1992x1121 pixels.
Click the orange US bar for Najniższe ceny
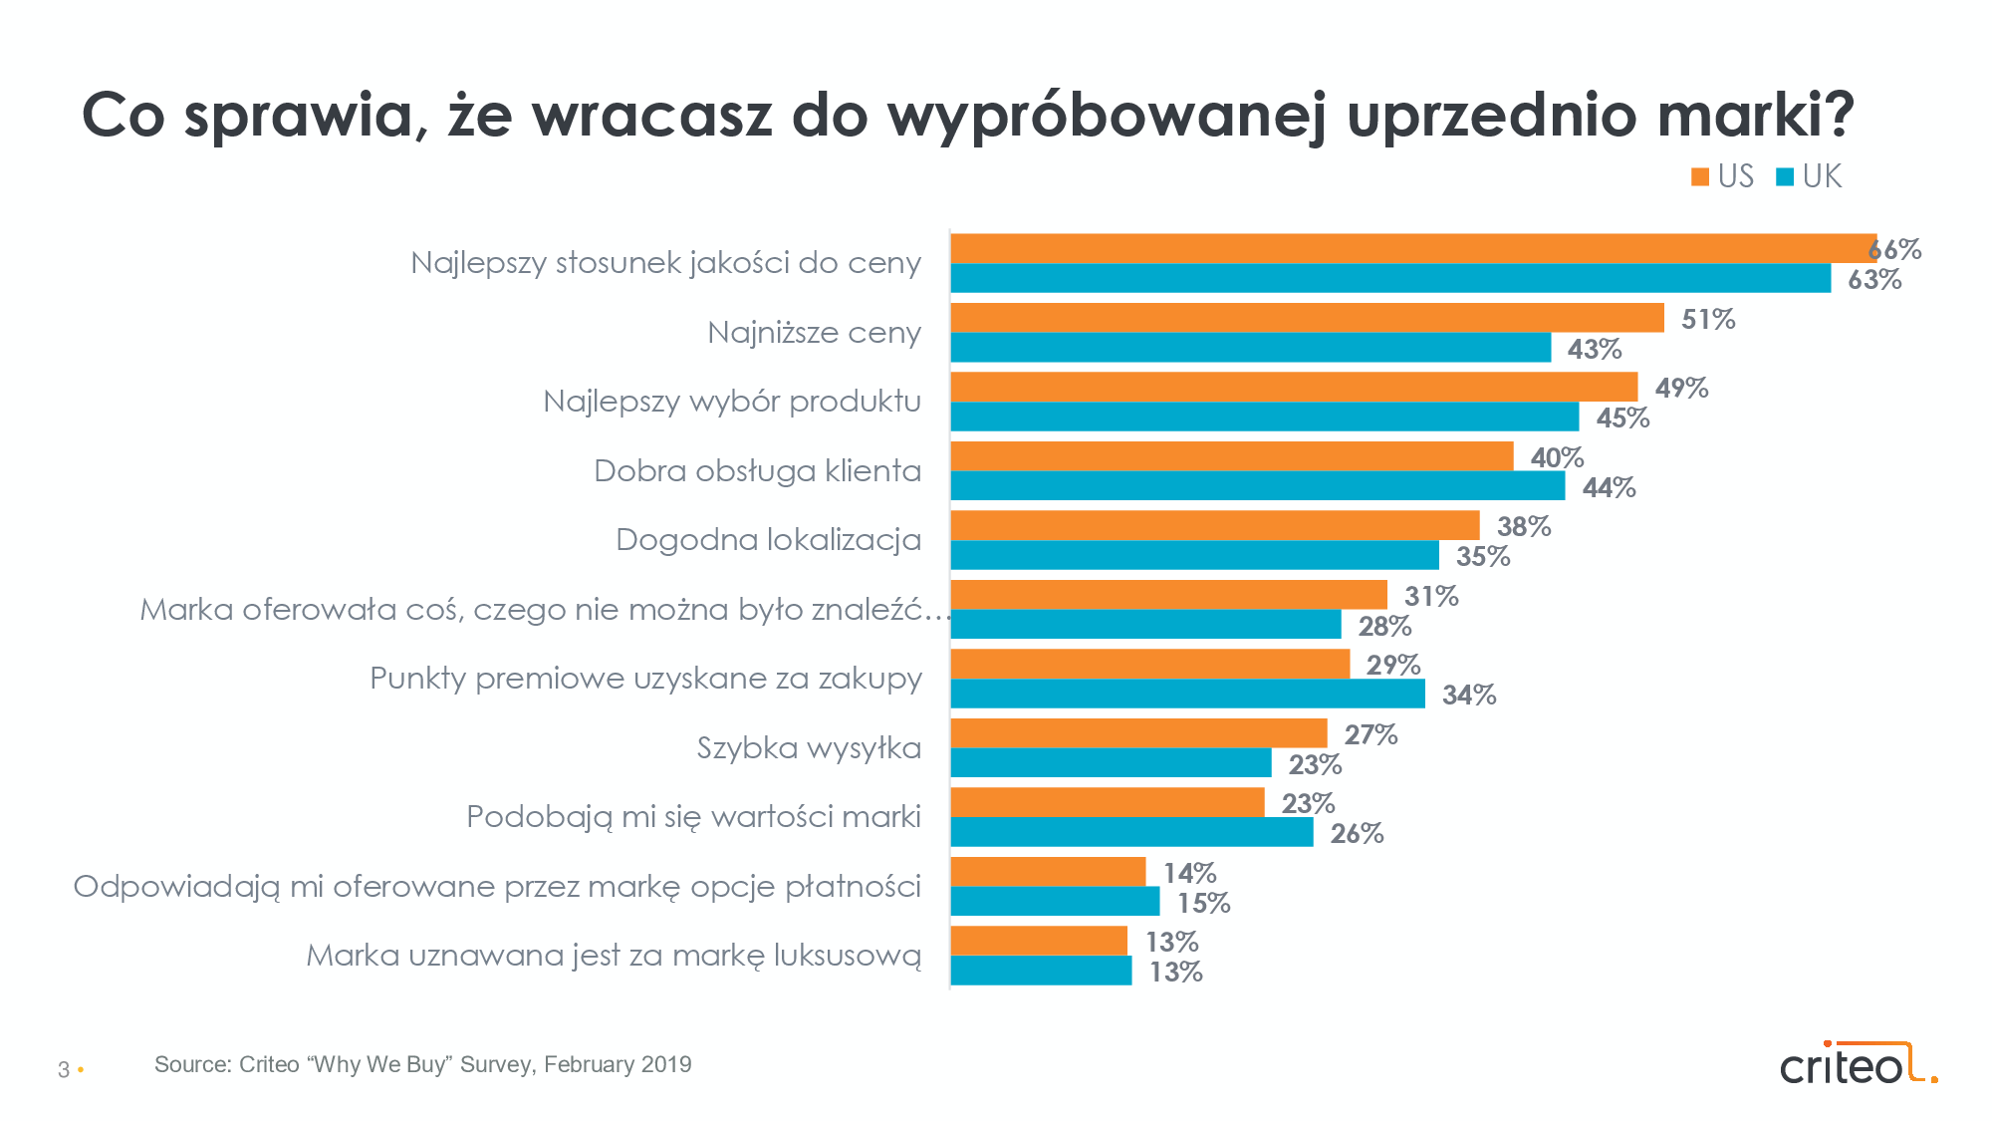(1307, 318)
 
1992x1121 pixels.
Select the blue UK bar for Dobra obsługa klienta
(1257, 486)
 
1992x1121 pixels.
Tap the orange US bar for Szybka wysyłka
(1138, 733)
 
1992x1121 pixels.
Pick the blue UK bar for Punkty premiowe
(1187, 694)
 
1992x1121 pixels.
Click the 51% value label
(1708, 320)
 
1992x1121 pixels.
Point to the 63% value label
(1874, 280)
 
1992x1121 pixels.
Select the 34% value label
(1469, 696)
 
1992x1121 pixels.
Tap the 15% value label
(1204, 904)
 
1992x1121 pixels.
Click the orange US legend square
(1700, 177)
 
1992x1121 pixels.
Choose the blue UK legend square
(1785, 177)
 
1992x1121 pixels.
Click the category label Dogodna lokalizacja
(768, 540)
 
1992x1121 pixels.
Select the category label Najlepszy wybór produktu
(732, 402)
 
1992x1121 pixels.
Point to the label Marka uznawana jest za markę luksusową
(614, 956)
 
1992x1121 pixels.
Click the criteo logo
(1858, 1065)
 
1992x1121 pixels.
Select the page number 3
(64, 1070)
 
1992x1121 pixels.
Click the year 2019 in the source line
(666, 1064)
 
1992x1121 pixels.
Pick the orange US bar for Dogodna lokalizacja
(1214, 525)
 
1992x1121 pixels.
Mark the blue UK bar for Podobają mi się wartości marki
(1131, 832)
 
